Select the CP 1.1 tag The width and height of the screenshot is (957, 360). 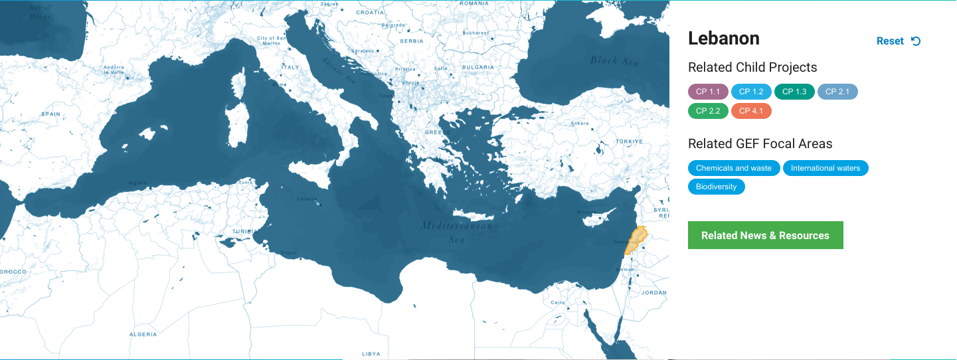click(x=708, y=92)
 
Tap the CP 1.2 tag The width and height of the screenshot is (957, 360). click(x=751, y=92)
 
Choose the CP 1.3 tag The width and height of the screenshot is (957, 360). click(x=794, y=92)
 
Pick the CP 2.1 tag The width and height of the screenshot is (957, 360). click(x=837, y=92)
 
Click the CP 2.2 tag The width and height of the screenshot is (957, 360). click(x=708, y=111)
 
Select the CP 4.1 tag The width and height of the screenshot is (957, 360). click(x=751, y=111)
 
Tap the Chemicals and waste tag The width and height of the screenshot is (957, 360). click(x=734, y=168)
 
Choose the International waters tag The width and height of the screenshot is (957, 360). click(x=826, y=168)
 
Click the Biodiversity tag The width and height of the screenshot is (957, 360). click(x=717, y=187)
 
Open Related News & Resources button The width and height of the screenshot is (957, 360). click(x=765, y=235)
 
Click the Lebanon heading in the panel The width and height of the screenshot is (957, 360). click(x=724, y=39)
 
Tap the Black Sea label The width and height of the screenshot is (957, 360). click(x=614, y=61)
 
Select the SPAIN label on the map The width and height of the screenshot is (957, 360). click(x=50, y=114)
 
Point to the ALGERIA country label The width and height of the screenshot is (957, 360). click(x=143, y=334)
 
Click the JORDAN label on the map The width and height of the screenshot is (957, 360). click(x=654, y=292)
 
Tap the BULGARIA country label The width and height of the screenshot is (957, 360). click(x=478, y=67)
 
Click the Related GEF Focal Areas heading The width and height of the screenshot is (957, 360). click(x=760, y=143)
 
